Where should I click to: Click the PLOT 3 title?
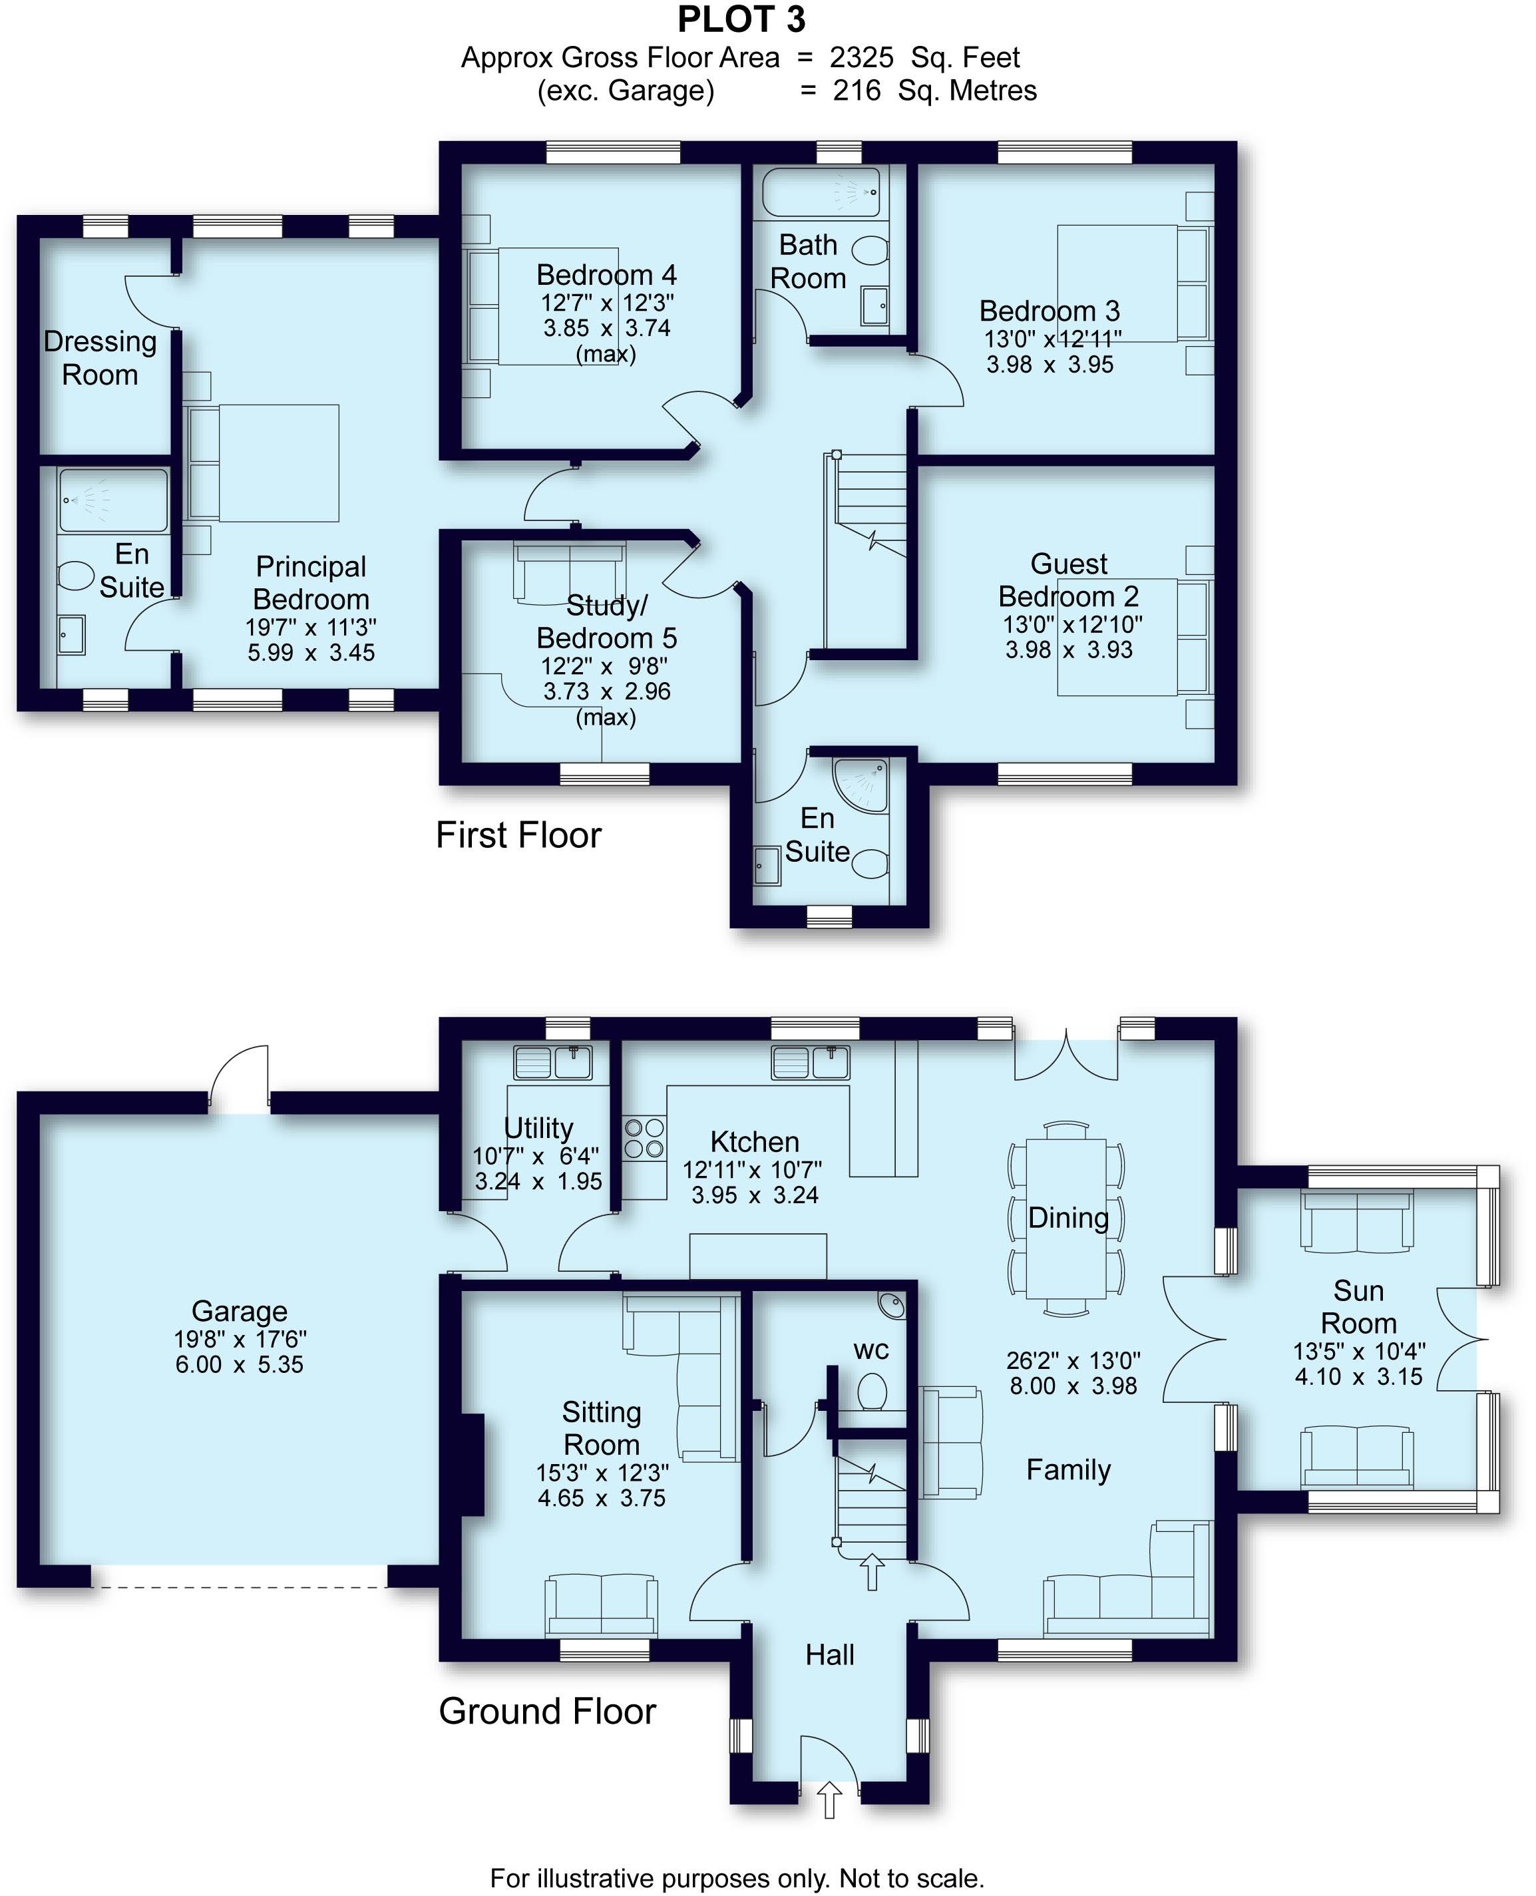pyautogui.click(x=741, y=19)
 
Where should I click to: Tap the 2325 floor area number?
pyautogui.click(x=861, y=57)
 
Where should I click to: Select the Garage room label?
pyautogui.click(x=239, y=1310)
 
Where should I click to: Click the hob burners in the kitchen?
pyautogui.click(x=644, y=1138)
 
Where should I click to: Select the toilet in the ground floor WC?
pyautogui.click(x=872, y=1391)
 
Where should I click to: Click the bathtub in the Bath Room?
pyautogui.click(x=821, y=192)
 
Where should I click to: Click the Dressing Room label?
pyautogui.click(x=100, y=357)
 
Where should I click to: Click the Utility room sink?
pyautogui.click(x=553, y=1061)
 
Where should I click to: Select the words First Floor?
pyautogui.click(x=518, y=835)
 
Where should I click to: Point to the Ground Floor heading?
pyautogui.click(x=547, y=1711)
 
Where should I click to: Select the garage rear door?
pyautogui.click(x=240, y=1081)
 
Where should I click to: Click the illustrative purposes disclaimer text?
pyautogui.click(x=737, y=1877)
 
